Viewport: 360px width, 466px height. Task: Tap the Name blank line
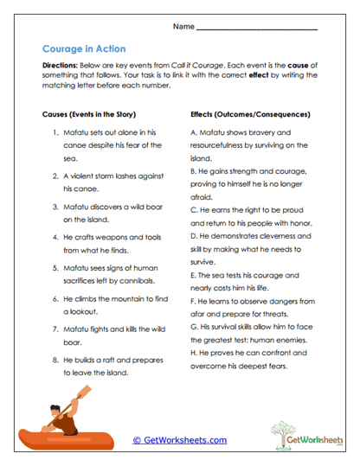point(256,29)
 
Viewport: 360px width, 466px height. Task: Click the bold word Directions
point(60,66)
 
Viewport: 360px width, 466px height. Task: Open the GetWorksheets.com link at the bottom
point(179,440)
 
